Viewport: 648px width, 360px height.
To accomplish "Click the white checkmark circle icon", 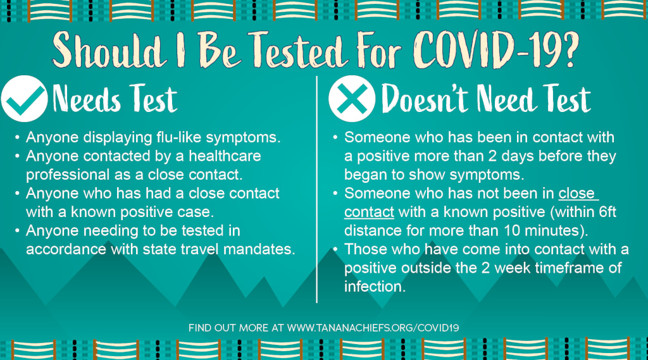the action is tap(25, 99).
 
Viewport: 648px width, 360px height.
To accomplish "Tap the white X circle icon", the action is tap(352, 99).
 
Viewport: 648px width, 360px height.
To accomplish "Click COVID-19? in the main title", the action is tap(496, 49).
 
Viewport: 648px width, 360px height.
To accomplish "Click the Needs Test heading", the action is tap(115, 99).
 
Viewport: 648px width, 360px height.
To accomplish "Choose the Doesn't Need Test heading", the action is tap(486, 99).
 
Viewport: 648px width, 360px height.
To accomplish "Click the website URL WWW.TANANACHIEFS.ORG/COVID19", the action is tap(373, 328).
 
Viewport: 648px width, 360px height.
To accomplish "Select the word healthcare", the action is tap(225, 156).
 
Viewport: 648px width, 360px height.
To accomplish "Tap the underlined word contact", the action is tap(369, 212).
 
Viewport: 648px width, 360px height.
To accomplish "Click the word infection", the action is tap(375, 287).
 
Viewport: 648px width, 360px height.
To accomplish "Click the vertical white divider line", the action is tap(317, 189).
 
